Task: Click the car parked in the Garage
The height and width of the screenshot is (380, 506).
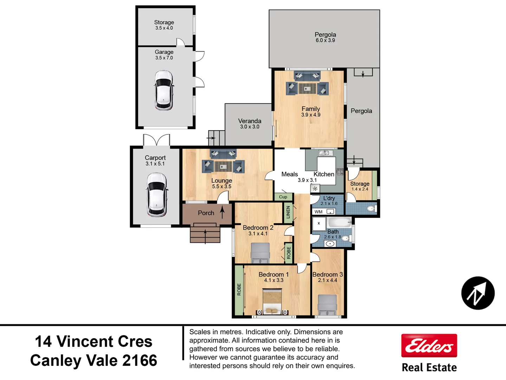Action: (164, 90)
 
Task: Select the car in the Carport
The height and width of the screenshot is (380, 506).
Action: (156, 194)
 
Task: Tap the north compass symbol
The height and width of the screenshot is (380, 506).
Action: (478, 293)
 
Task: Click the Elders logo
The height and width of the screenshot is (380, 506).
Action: (429, 346)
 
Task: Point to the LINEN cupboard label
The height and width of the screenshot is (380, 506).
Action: (288, 212)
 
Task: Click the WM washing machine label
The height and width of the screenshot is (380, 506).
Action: (318, 212)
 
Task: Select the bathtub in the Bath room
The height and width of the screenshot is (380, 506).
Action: (339, 223)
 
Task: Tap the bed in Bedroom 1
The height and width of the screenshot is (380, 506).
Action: (272, 301)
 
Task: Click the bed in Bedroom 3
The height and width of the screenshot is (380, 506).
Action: (327, 305)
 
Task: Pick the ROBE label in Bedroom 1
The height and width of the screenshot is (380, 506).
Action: (239, 289)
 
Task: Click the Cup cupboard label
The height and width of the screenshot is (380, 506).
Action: (283, 197)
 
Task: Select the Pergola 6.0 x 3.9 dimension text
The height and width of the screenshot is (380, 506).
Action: (325, 40)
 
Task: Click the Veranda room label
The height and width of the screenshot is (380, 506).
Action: (249, 121)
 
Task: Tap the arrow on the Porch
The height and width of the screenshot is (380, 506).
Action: (222, 212)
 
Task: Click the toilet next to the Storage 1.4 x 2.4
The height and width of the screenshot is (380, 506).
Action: (370, 209)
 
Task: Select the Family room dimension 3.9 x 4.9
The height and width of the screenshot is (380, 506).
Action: (311, 115)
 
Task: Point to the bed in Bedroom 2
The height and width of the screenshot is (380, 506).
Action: (260, 253)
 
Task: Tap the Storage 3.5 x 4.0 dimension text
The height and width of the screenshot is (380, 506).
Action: (164, 28)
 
